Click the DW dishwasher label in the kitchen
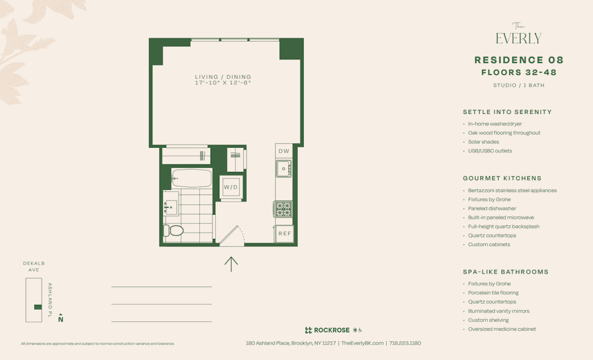point(284,151)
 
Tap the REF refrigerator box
point(285,234)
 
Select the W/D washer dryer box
point(231,187)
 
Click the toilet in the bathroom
point(174,231)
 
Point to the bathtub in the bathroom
point(192,178)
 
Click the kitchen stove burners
point(283,209)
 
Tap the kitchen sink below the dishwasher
point(283,169)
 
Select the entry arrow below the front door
point(231,263)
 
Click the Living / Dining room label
point(223,77)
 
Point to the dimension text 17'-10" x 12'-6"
point(223,83)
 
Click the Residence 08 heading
point(519,60)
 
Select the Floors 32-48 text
point(519,72)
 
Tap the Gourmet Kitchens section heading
point(502,178)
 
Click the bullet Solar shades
point(483,142)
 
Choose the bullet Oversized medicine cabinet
point(502,329)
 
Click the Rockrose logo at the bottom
point(327,330)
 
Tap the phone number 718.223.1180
point(406,343)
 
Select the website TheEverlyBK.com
point(362,343)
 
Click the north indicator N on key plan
point(60,319)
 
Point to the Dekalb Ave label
point(34,266)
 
